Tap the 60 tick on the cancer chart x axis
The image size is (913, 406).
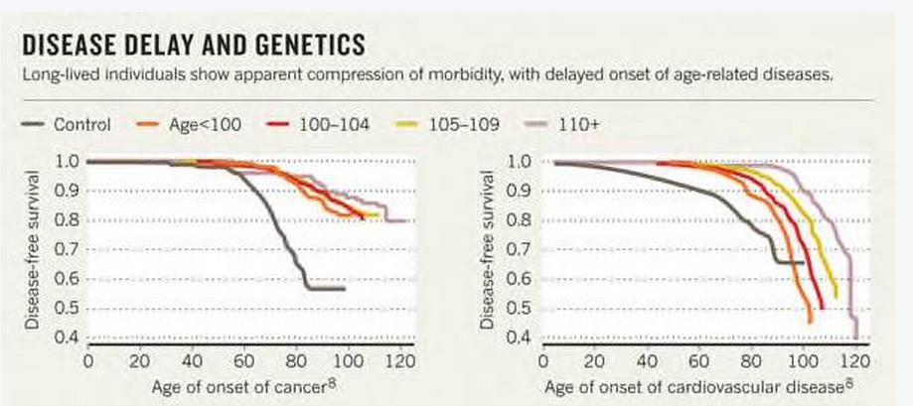(242, 359)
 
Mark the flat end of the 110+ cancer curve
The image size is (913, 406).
(398, 220)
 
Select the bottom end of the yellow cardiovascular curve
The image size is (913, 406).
(835, 295)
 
